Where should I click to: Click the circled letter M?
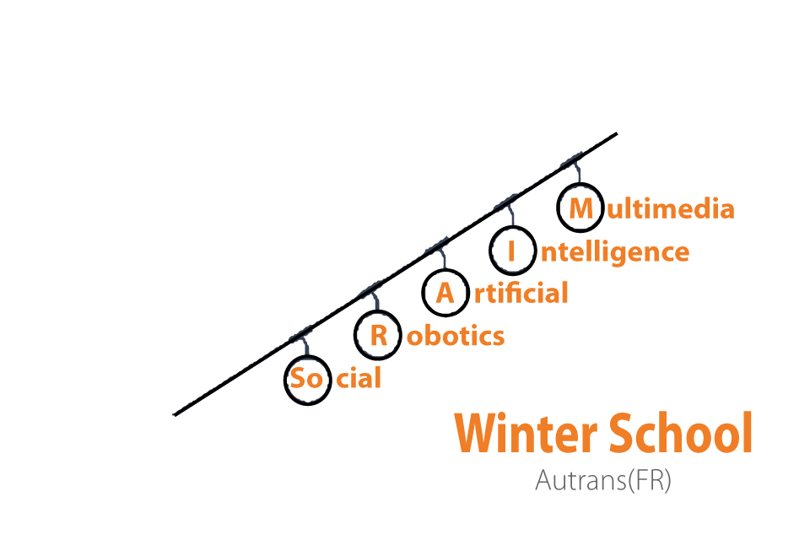[x=580, y=208]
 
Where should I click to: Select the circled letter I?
[x=511, y=251]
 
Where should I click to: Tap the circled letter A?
[x=445, y=294]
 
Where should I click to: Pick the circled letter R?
[x=379, y=336]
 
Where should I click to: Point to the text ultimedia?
[x=671, y=208]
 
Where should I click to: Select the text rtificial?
[x=521, y=293]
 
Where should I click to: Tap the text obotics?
[x=455, y=336]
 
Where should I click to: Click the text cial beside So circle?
[x=359, y=378]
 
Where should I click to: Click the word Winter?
[x=526, y=433]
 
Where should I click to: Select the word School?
[x=681, y=433]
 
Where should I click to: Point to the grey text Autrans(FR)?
[x=602, y=480]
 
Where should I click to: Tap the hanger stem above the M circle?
[x=578, y=173]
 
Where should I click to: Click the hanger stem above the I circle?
[x=511, y=215]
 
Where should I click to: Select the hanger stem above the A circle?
[x=443, y=259]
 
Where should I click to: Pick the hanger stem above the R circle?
[x=375, y=301]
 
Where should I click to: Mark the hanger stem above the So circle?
[x=306, y=345]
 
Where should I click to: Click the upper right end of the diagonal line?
[x=617, y=134]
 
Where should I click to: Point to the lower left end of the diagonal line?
[x=174, y=414]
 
